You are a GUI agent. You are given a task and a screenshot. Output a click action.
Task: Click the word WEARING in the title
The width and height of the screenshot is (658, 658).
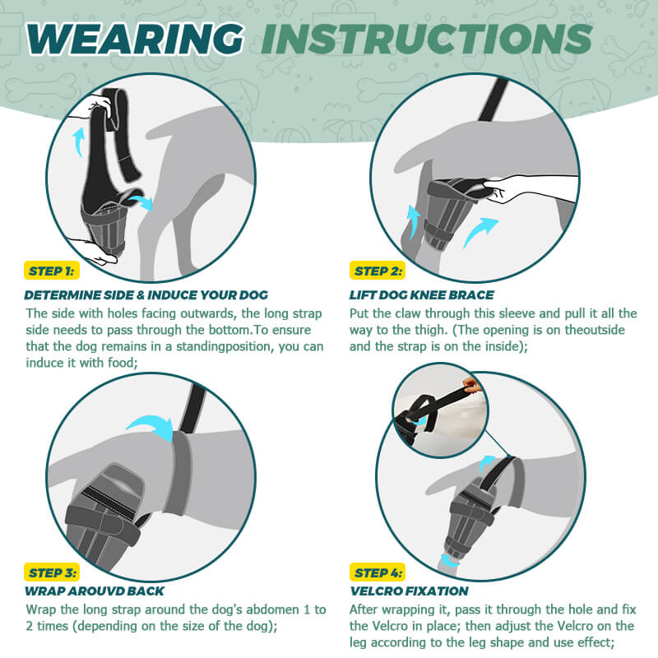point(135,39)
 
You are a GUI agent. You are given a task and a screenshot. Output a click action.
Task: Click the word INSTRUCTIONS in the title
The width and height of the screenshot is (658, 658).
point(427,39)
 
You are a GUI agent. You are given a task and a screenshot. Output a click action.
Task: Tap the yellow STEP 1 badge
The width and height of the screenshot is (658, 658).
point(52,271)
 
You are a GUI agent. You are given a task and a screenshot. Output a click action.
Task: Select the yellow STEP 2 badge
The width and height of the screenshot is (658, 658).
point(378,271)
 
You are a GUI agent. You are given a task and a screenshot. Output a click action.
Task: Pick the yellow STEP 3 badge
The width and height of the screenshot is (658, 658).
point(52,572)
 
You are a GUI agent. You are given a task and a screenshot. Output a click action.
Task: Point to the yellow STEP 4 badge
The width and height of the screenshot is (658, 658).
point(378,572)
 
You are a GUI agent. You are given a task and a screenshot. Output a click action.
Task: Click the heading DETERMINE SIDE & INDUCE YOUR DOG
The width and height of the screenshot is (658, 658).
point(146,295)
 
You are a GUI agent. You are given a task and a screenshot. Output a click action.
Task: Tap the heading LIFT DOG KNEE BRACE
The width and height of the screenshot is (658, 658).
point(422,295)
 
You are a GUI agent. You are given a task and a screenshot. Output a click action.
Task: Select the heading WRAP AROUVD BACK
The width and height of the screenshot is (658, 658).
point(95,591)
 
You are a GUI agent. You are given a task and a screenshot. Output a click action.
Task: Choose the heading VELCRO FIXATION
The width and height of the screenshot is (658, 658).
point(409,591)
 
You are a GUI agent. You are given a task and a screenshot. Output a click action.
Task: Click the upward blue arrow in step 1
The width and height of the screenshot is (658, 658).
point(78,141)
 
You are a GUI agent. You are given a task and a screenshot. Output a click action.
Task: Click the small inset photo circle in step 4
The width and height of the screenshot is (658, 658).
point(440,410)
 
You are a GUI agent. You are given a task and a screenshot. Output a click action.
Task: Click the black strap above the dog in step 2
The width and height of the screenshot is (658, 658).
point(493,99)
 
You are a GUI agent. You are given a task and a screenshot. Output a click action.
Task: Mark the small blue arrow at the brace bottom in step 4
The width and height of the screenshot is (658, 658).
point(449,561)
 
